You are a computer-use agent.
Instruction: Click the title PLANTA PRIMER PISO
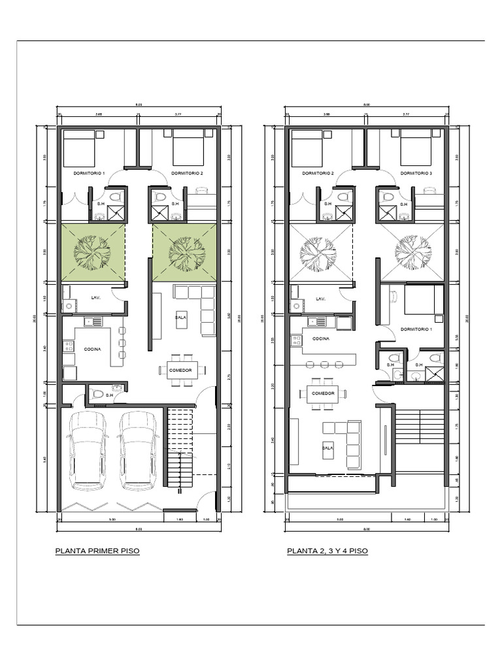coord(97,551)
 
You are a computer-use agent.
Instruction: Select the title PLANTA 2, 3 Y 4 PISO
coord(327,551)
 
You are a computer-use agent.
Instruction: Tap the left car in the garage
coord(89,451)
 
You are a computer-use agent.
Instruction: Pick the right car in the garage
coord(139,451)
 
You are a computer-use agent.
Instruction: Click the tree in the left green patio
coord(92,252)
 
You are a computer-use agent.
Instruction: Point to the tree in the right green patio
coord(184,252)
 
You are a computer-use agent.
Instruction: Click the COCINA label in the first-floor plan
coord(92,350)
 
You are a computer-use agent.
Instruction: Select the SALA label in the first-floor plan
coord(181,317)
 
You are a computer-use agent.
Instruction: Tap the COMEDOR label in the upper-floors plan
coord(323,393)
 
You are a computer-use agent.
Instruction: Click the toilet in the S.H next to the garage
coord(97,394)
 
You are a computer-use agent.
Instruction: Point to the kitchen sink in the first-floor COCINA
coord(93,321)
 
